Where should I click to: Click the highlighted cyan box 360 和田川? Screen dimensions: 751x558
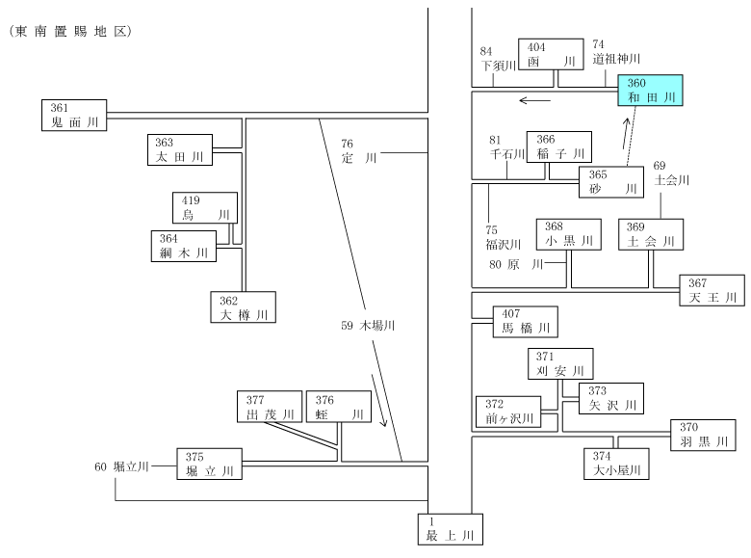(x=650, y=91)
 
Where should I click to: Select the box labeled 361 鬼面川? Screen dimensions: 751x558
(x=74, y=115)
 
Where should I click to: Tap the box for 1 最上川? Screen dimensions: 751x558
(x=451, y=529)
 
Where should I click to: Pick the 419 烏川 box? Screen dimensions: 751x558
(x=205, y=207)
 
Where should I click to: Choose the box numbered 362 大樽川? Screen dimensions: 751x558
(x=244, y=306)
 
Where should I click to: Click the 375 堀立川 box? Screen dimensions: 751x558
(x=209, y=465)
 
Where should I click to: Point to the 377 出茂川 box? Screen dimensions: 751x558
(x=270, y=407)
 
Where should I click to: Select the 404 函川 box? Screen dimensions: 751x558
(x=551, y=54)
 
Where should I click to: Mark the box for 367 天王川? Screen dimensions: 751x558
(x=712, y=290)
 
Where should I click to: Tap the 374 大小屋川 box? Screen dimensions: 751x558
(x=616, y=464)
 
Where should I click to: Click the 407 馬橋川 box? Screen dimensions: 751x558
(x=526, y=322)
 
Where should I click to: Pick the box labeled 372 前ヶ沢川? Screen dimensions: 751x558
(x=508, y=412)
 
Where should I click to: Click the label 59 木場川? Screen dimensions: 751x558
(x=368, y=326)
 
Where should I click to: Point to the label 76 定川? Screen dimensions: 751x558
(x=359, y=151)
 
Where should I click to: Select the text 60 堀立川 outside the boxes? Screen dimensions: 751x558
(x=121, y=466)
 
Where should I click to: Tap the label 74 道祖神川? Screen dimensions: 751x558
(x=616, y=52)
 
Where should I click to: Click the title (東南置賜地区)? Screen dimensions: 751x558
(x=70, y=31)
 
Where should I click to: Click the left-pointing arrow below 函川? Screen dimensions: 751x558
(x=535, y=100)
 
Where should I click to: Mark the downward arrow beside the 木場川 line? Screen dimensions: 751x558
(x=378, y=400)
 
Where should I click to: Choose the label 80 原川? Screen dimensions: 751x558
(x=516, y=264)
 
